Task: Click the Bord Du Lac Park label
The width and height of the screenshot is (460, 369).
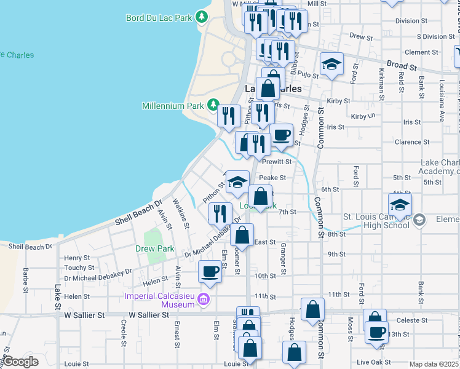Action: click(x=159, y=18)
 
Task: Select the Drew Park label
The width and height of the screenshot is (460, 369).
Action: click(x=148, y=249)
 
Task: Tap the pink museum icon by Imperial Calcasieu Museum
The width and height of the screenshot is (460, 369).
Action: click(x=205, y=300)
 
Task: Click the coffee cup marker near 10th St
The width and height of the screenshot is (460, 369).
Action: click(x=210, y=271)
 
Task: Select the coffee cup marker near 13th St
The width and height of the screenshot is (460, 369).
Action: click(x=377, y=332)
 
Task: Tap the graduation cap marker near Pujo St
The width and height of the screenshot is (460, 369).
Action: click(x=331, y=64)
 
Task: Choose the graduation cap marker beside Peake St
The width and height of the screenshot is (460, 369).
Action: click(x=237, y=182)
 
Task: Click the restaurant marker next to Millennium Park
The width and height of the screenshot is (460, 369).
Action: click(x=229, y=115)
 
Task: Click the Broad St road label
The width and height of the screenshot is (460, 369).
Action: click(x=402, y=65)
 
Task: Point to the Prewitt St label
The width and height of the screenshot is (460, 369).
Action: click(x=276, y=161)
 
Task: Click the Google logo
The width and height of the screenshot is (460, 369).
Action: click(x=21, y=362)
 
